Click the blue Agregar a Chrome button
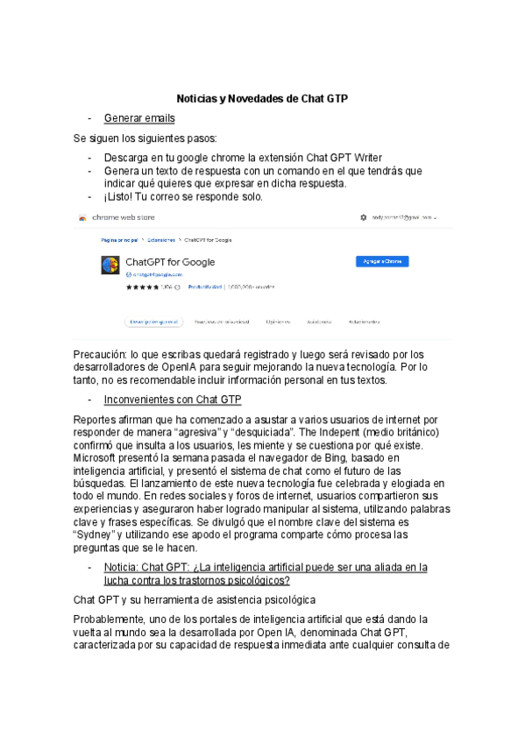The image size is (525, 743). pyautogui.click(x=381, y=261)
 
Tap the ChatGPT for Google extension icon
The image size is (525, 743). pyautogui.click(x=110, y=265)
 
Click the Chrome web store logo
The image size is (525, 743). pyautogui.click(x=82, y=217)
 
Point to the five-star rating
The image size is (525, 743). pyautogui.click(x=141, y=287)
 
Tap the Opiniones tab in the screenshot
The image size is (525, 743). pyautogui.click(x=278, y=322)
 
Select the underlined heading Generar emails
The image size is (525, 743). pyautogui.click(x=138, y=118)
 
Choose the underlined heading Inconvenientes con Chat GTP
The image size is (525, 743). pyautogui.click(x=172, y=400)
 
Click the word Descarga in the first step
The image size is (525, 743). pyautogui.click(x=128, y=158)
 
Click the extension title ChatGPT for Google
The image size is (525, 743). pyautogui.click(x=170, y=262)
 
